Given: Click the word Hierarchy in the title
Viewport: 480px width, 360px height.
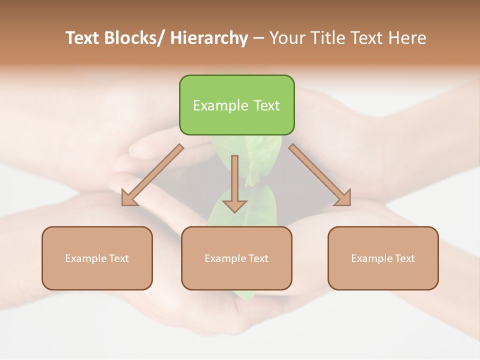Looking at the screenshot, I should click(209, 38).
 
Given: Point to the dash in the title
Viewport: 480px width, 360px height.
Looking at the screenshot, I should click(258, 38).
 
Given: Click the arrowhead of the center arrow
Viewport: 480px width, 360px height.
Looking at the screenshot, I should click(234, 205).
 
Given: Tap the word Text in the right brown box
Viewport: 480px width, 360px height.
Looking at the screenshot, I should click(405, 258).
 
